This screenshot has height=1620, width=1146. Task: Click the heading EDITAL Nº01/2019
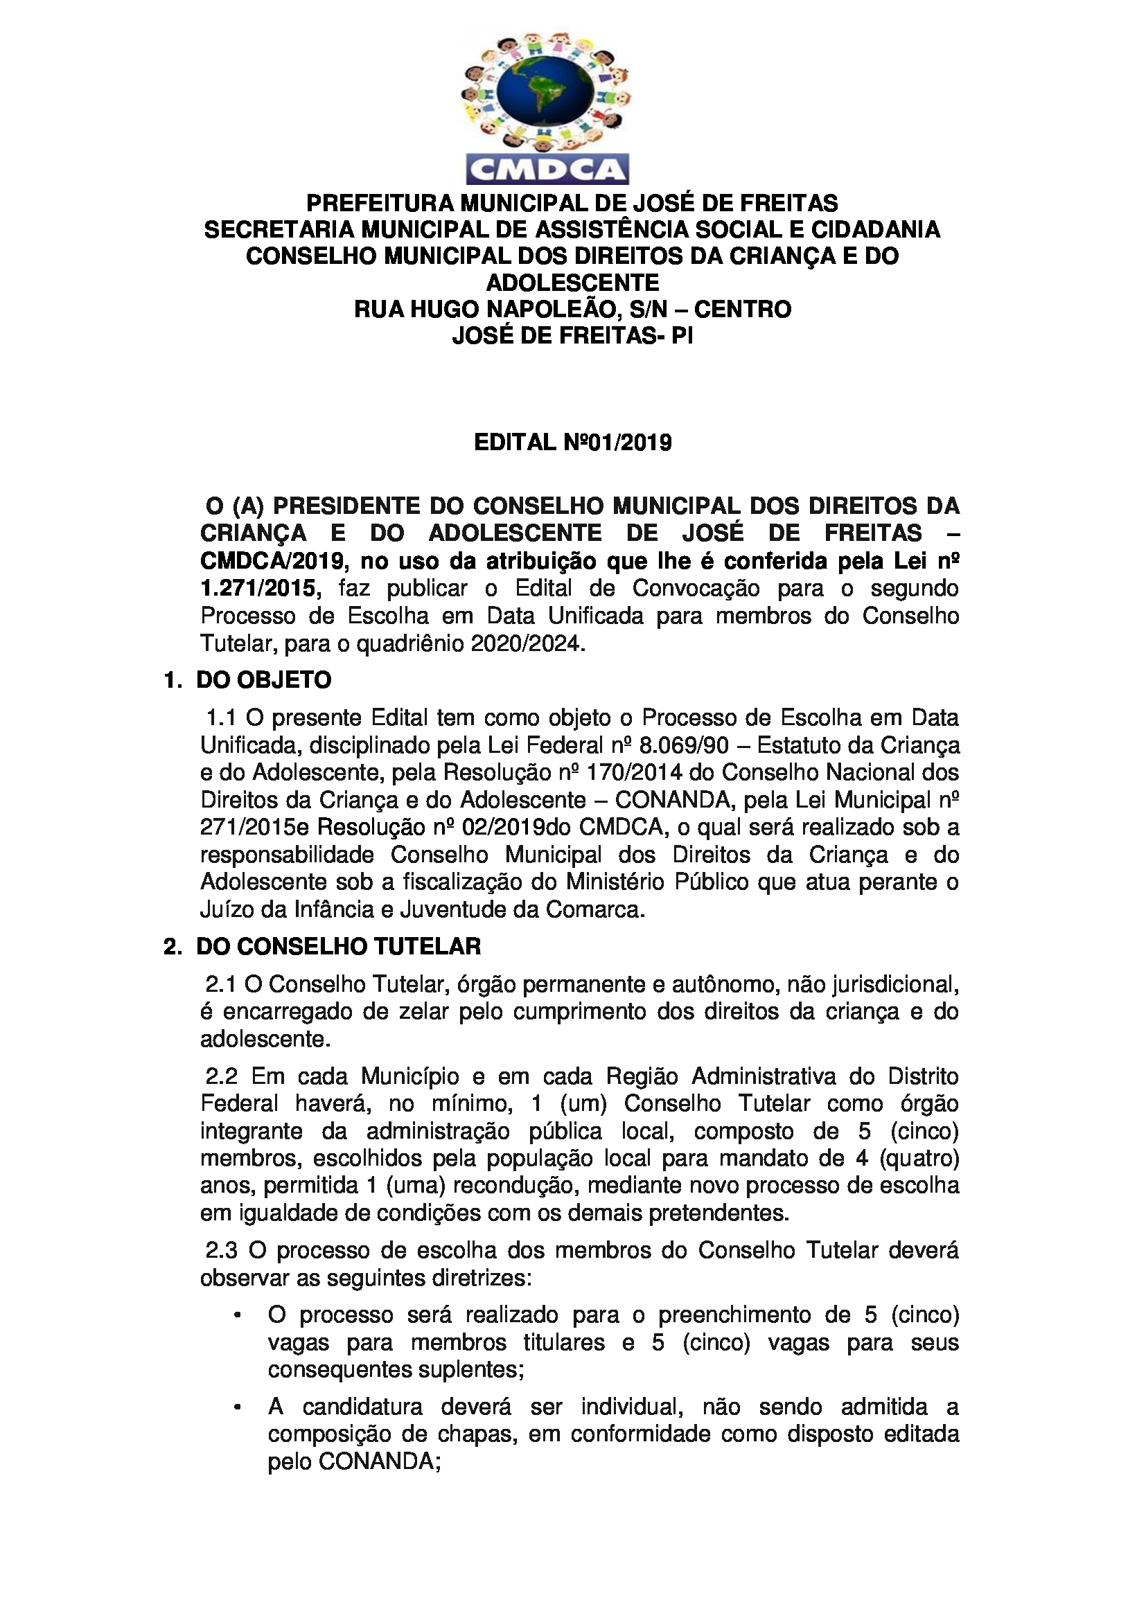coord(572,443)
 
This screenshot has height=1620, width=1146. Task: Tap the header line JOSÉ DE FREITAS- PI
coord(572,336)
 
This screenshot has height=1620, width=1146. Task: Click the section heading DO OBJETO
coord(263,680)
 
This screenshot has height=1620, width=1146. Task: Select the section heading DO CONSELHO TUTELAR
coord(338,946)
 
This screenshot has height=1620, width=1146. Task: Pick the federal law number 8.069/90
coord(689,745)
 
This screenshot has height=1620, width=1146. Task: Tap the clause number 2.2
coord(222,1077)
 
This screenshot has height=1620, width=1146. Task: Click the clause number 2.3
coord(222,1250)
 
